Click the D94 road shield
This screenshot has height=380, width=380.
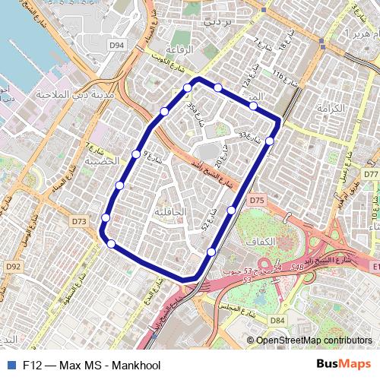(x=116, y=46)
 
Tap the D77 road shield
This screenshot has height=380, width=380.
(x=371, y=174)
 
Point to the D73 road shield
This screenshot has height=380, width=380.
(x=78, y=221)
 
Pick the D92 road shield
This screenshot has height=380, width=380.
(x=13, y=267)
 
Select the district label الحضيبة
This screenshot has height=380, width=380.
(x=101, y=161)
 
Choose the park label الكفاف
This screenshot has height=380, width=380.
(x=283, y=240)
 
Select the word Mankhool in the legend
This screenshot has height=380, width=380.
(x=136, y=365)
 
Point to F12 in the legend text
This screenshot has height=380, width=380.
(x=32, y=365)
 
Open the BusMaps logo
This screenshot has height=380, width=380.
(x=344, y=364)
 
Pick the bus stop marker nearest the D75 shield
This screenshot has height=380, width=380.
(x=232, y=210)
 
